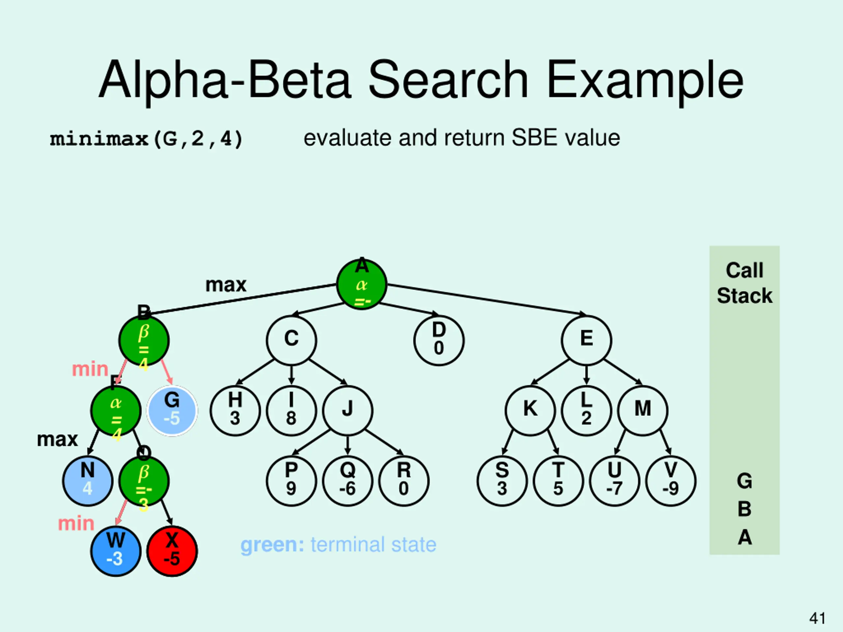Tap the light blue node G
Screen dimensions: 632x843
[172, 411]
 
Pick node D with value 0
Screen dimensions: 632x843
[439, 340]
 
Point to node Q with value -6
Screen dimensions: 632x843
[347, 481]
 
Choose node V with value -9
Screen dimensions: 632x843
[671, 481]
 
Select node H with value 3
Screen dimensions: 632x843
[235, 411]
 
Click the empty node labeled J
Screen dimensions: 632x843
[347, 411]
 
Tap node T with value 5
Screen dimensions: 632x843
[558, 481]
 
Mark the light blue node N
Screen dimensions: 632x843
[88, 481]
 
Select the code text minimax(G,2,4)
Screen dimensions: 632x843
[146, 139]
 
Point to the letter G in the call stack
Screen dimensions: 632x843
[744, 481]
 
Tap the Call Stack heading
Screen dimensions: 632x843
[744, 283]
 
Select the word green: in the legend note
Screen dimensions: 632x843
[272, 545]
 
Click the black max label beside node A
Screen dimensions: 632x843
[226, 285]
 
